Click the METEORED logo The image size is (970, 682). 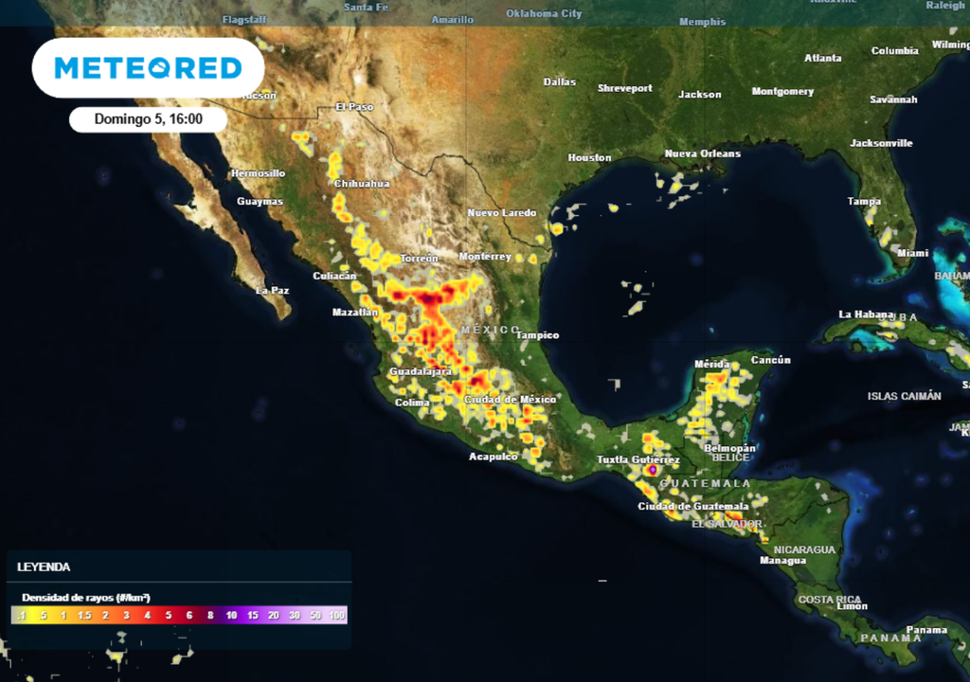coord(148,67)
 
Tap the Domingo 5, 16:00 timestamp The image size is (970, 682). coord(148,119)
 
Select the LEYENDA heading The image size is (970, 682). coord(44,566)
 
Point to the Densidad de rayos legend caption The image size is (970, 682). coord(86,598)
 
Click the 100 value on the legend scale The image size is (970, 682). coord(336,616)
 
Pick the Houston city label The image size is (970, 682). coord(588,157)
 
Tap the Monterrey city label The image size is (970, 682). coord(485,257)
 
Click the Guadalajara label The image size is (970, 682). coord(421,371)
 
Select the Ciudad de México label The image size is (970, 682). coord(510,400)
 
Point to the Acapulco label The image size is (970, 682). coord(494,457)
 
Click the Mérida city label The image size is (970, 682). coord(711,364)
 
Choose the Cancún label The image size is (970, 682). coord(770,360)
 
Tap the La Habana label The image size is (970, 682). coord(866,314)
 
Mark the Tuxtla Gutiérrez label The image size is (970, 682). coord(638,459)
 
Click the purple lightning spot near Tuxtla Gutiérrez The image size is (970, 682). coord(652,470)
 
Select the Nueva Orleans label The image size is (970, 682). coord(702,153)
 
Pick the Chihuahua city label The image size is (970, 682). coord(362,184)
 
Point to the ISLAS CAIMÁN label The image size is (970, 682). coord(904,396)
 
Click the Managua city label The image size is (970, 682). coord(782,561)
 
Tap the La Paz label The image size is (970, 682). coord(272,290)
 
